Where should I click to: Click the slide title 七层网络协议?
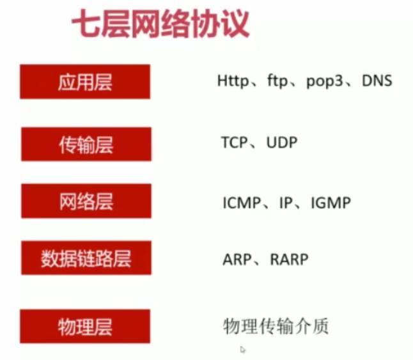click(x=160, y=26)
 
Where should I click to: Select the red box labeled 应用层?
click(x=85, y=82)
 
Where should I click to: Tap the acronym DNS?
click(x=376, y=81)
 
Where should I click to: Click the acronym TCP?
click(x=235, y=143)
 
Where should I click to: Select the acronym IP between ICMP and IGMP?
click(x=285, y=203)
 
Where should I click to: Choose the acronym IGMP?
click(x=331, y=203)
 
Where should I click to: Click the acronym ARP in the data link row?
click(x=235, y=260)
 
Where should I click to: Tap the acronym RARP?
click(x=288, y=260)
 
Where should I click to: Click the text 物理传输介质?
click(x=276, y=326)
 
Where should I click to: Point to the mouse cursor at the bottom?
click(x=243, y=349)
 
